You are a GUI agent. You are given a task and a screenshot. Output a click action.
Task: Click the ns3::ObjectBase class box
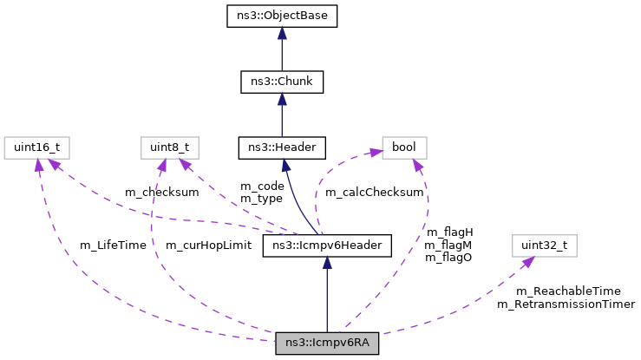pos(282,16)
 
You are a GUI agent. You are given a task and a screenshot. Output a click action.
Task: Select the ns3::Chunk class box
pos(282,82)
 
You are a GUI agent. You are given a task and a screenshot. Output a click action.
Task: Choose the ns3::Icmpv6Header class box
pos(327,246)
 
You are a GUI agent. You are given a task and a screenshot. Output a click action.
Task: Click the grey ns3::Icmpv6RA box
pos(327,343)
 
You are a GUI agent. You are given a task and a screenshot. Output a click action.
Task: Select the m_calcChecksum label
pos(374,192)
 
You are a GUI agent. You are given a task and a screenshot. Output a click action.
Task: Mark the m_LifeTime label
pos(113,245)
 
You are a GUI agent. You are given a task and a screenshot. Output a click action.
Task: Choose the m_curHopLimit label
pos(208,245)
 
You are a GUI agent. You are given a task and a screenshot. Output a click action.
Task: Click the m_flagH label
pos(449,232)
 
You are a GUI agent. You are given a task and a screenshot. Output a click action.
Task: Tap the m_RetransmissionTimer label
pos(566,304)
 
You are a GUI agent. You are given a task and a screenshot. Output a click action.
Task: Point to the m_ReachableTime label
pos(568,291)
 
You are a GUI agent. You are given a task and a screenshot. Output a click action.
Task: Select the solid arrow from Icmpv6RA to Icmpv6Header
pos(327,295)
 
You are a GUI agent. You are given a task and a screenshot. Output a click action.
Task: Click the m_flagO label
pos(449,259)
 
